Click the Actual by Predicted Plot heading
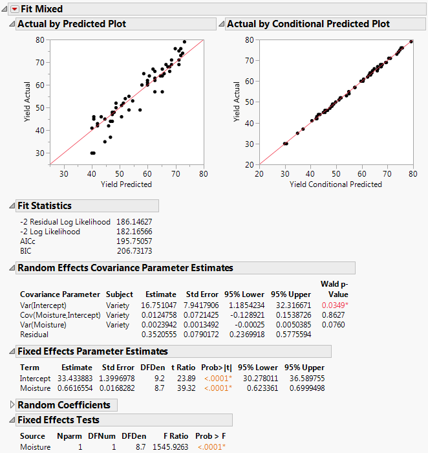(x=71, y=24)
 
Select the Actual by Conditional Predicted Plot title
(x=308, y=24)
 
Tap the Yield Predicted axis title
(x=126, y=184)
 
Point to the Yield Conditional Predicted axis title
(x=336, y=184)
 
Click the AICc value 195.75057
(x=134, y=241)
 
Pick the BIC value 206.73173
(x=134, y=250)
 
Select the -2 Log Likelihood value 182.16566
(x=134, y=231)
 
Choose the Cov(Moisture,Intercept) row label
(x=60, y=315)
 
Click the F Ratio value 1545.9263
(x=170, y=447)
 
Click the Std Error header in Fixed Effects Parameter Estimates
(x=118, y=368)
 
